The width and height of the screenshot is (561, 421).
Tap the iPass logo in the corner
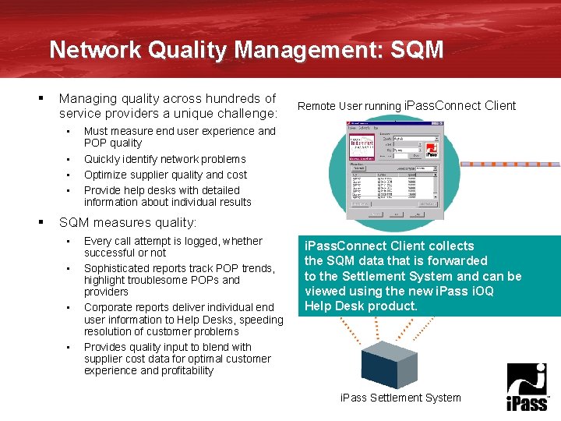(527, 387)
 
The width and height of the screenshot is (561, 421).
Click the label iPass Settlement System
(400, 398)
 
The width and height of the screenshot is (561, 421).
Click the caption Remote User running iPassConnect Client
(407, 106)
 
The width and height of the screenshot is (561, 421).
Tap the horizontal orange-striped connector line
(510, 165)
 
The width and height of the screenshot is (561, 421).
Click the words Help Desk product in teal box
(361, 306)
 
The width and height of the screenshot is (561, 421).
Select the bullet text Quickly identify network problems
(164, 159)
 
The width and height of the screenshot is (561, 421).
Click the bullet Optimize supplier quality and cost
(165, 175)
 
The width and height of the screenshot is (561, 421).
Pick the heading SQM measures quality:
(128, 223)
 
